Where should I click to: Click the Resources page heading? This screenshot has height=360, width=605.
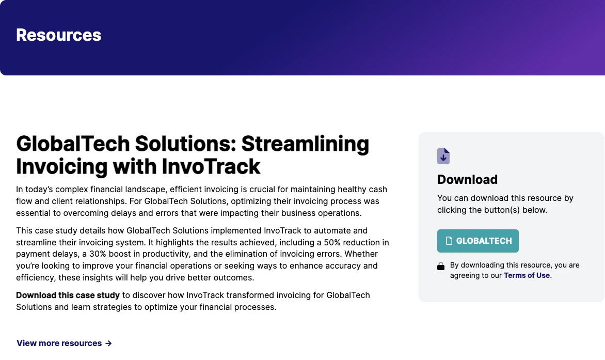[x=59, y=35]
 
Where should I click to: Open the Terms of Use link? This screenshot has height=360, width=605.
[x=527, y=275]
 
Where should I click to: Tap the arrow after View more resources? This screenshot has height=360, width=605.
[x=108, y=343]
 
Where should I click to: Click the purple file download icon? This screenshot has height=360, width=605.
[x=443, y=156]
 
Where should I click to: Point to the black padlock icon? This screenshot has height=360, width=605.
[x=441, y=266]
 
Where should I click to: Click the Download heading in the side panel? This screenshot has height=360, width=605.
[x=467, y=179]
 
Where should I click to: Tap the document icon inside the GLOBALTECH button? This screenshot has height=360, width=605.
[x=449, y=241]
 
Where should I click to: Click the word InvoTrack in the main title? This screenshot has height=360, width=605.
[x=211, y=167]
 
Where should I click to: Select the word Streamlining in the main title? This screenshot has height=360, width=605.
[x=305, y=144]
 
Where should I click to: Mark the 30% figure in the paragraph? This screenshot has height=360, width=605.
[x=98, y=254]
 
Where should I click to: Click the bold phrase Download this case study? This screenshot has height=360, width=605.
[x=68, y=295]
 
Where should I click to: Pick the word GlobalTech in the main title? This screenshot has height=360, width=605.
[x=73, y=144]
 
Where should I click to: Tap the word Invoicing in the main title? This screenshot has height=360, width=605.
[x=62, y=167]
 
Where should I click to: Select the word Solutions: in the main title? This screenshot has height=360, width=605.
[x=186, y=144]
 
